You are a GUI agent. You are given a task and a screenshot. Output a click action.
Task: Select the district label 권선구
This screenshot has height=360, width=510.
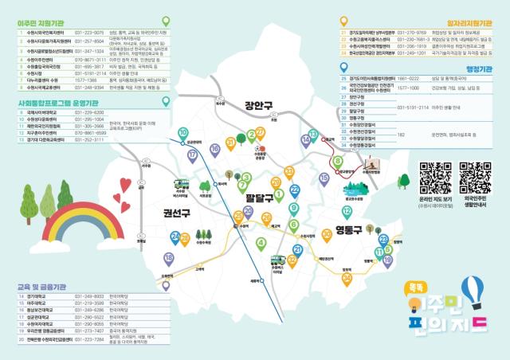(x=176, y=213)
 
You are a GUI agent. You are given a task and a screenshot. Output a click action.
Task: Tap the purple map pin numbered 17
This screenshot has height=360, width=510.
(x=191, y=155)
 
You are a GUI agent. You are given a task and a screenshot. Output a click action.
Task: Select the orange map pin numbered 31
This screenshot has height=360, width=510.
(x=230, y=143)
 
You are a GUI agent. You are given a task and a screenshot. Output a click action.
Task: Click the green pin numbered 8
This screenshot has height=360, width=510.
(x=338, y=162)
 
